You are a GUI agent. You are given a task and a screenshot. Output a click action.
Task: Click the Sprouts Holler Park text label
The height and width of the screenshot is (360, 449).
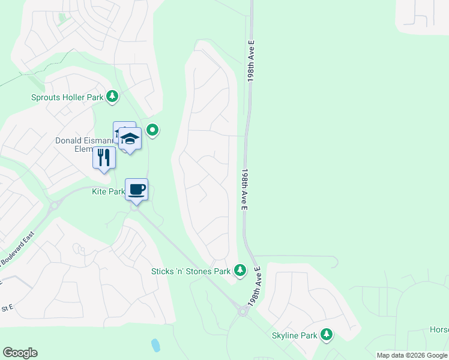[67, 97]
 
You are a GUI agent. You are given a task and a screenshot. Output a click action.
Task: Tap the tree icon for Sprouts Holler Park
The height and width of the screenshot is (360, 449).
[112, 96]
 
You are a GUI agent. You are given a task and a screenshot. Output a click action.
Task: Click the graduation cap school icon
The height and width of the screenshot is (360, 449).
[129, 139]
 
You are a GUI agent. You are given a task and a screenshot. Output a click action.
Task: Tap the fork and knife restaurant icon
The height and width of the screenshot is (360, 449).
[104, 158]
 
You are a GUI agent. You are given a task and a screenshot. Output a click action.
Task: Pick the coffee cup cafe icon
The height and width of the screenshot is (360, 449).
[136, 190]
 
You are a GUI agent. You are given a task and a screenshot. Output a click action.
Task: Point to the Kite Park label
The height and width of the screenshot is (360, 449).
[108, 192]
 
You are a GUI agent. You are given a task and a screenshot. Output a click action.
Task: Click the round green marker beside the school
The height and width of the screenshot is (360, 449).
[152, 129]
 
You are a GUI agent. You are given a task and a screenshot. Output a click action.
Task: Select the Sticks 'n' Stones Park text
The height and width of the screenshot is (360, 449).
[191, 271]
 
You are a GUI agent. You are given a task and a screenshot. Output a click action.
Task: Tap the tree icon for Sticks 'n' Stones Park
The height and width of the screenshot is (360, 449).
[240, 271]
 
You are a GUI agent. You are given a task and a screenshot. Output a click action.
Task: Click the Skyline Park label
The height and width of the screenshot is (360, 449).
[294, 335]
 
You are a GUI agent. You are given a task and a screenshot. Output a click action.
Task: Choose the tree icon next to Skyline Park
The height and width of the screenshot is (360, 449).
[327, 334]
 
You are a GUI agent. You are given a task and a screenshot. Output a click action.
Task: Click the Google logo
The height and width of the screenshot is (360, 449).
[20, 353]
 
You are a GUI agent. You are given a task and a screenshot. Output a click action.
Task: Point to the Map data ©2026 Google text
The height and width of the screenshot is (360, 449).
[412, 355]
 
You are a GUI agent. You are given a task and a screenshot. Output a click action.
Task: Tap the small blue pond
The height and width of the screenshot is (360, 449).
[155, 345]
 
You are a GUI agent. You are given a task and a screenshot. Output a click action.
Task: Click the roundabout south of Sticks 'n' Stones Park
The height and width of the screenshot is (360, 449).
[243, 311]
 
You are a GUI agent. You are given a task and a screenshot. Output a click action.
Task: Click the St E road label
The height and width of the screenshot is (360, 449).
[7, 308]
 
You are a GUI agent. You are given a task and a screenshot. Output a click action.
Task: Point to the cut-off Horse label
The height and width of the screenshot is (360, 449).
[439, 329]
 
